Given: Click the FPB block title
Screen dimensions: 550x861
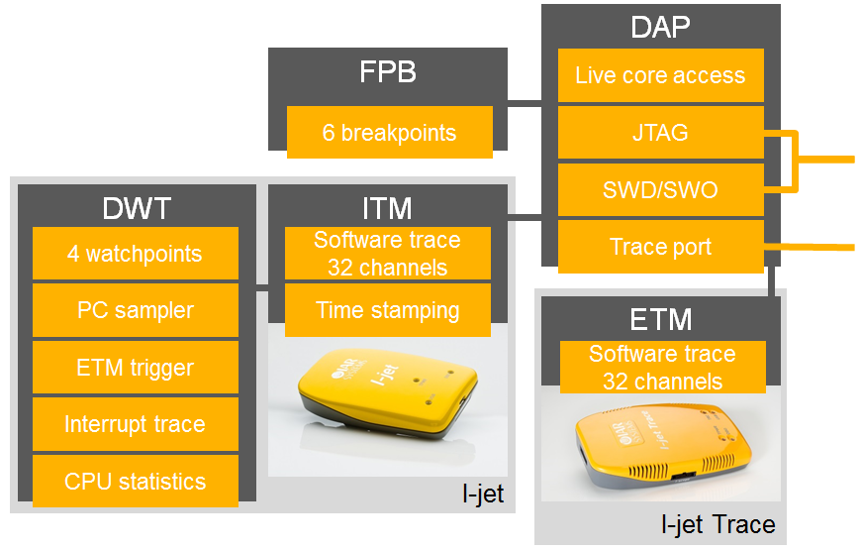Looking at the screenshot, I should pos(388,73).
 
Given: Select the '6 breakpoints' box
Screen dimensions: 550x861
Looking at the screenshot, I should pos(389,133).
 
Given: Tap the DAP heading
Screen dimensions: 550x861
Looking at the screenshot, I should pos(660,27).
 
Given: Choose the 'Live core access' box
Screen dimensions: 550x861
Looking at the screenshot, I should pos(660,75).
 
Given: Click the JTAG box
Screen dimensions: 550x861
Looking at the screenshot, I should pos(660,133).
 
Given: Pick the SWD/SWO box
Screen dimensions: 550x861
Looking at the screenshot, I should pos(660,189).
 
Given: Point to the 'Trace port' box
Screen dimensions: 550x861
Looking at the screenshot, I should pos(660,247).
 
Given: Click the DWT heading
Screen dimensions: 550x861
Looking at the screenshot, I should pos(137,208).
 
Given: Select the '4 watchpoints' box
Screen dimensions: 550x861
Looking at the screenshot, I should pos(136,254).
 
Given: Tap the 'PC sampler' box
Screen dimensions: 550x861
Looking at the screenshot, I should pos(136,310).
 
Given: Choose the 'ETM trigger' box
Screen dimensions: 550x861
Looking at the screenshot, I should pos(136,368).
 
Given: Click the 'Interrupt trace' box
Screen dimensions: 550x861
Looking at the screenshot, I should pos(136,424).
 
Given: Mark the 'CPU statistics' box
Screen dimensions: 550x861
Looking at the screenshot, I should pos(136,482).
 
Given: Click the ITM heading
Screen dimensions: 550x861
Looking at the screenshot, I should pos(388,208).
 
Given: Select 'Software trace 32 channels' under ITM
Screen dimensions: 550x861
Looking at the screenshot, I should pos(388,254).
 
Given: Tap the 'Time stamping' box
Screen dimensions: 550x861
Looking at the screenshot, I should pos(388,310).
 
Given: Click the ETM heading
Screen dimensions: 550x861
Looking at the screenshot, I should pos(661,319).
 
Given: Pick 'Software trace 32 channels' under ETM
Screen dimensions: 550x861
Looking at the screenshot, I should pos(661,368).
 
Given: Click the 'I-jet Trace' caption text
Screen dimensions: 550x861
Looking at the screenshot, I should pos(718,524).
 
